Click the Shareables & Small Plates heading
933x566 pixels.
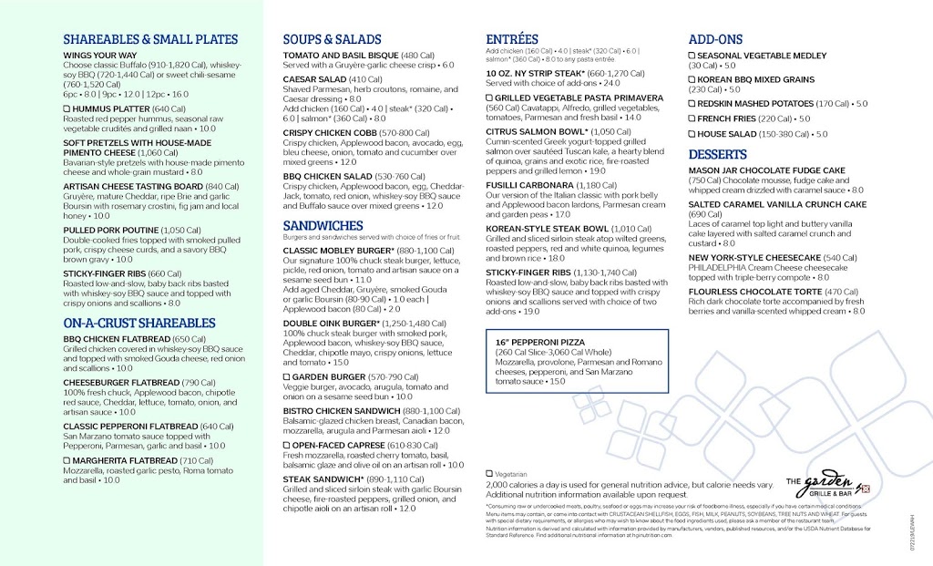pyautogui.click(x=150, y=40)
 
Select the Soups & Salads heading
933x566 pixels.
pyautogui.click(x=332, y=40)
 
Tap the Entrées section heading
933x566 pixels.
pyautogui.click(x=512, y=39)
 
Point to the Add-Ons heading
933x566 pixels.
pyautogui.click(x=715, y=40)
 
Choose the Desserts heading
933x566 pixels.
pyautogui.click(x=718, y=155)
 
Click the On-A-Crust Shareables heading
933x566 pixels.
pyautogui.click(x=139, y=324)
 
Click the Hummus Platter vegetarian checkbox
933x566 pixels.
pyautogui.click(x=67, y=109)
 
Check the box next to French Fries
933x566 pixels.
pyautogui.click(x=692, y=119)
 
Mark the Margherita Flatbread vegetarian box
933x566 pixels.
pyautogui.click(x=67, y=460)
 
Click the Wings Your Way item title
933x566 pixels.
pyautogui.click(x=102, y=56)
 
